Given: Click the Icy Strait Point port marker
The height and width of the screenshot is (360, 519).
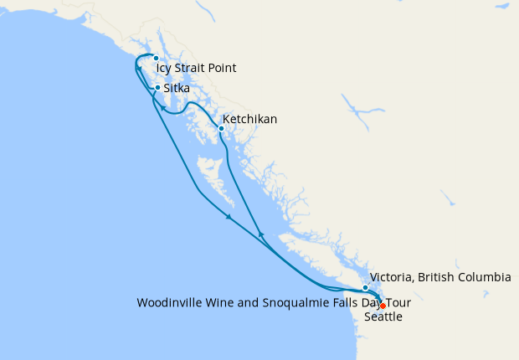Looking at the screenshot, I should coord(156,58).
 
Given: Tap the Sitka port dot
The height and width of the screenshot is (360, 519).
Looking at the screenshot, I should coord(157,88).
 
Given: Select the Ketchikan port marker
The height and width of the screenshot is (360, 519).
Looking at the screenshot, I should coord(221,129).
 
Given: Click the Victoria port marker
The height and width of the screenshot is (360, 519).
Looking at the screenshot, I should coord(366,288).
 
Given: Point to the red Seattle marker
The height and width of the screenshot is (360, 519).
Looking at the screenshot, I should coord(383,306).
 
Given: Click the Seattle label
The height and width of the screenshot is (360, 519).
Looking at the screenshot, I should coord(383,317).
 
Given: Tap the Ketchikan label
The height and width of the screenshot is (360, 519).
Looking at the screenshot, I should coord(249,120).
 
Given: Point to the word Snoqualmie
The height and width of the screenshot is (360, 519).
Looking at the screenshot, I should coord(290,302).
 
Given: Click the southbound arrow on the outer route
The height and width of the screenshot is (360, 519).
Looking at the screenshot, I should coord(229,219).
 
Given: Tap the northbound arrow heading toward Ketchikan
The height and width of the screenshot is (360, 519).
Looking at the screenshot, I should coord(261,234).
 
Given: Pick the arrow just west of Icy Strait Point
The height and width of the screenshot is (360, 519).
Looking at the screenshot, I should coord(138,68).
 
